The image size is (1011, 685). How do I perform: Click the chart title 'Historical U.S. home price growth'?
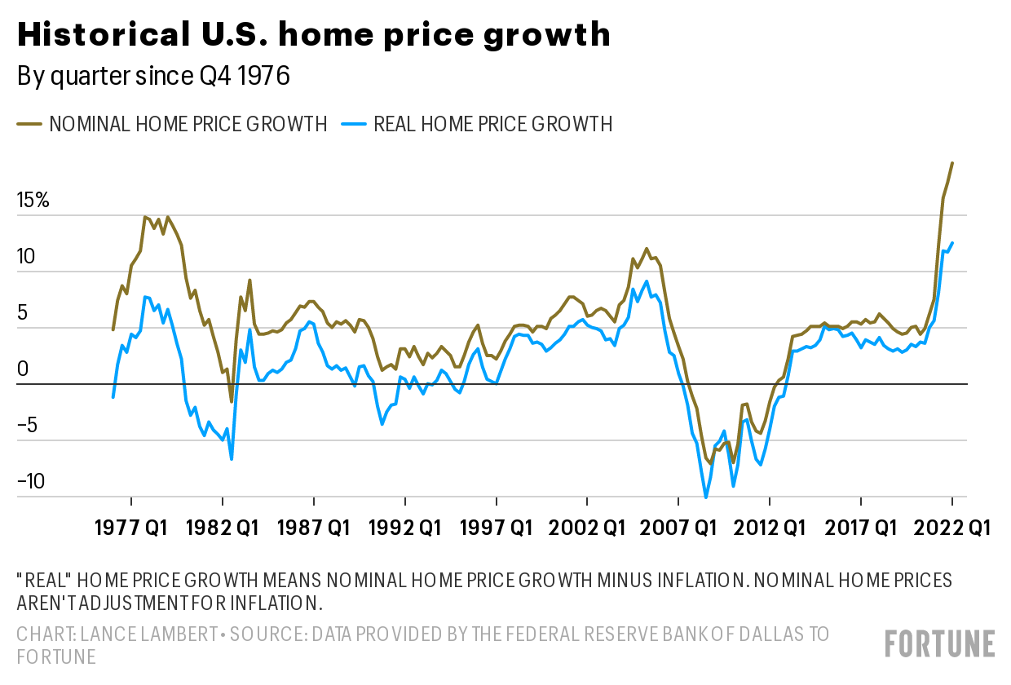[313, 34]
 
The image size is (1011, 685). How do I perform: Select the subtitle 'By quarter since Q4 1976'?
[154, 77]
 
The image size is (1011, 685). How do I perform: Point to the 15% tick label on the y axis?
[33, 201]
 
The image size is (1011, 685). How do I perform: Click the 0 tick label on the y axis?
[23, 369]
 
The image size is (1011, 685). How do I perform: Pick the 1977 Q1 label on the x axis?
[131, 528]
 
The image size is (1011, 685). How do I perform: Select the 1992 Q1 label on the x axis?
[404, 528]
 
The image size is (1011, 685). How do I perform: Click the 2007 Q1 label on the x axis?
[678, 528]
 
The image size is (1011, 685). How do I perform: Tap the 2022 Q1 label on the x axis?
[951, 528]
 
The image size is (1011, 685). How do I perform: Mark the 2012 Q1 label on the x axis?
[769, 528]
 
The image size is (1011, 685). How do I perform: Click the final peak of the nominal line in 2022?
[952, 163]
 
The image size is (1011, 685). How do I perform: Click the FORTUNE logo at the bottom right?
[939, 643]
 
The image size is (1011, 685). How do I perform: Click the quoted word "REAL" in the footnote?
[42, 581]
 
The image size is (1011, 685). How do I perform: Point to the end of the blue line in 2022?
[952, 242]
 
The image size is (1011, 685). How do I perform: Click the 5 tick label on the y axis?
[23, 313]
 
